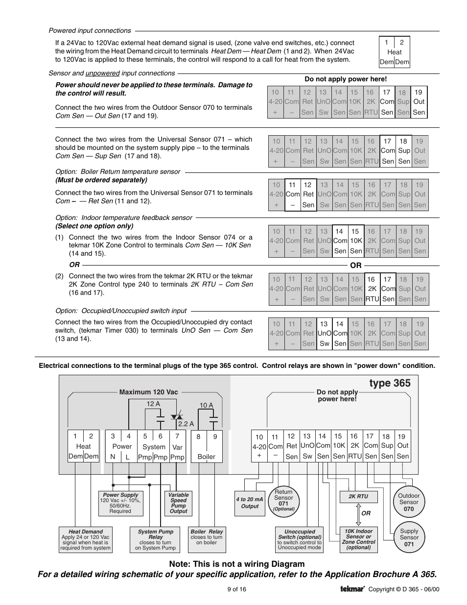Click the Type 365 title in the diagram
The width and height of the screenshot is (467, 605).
point(390,383)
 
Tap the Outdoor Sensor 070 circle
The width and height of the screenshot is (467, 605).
point(409,502)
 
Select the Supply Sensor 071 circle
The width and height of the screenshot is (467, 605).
point(409,537)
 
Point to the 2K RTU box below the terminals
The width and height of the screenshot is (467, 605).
point(358,496)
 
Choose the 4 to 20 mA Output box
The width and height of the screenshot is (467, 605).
point(250,503)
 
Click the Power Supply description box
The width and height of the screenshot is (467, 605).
point(120,503)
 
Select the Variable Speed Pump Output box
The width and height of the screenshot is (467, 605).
point(178,503)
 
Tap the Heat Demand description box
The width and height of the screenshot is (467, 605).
point(86,540)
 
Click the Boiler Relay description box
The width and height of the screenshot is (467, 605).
point(206,537)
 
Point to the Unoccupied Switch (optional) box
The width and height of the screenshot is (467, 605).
point(300,539)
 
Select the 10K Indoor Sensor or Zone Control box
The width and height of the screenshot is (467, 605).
point(358,539)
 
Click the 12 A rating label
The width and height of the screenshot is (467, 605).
point(153,404)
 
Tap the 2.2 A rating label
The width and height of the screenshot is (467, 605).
point(186,424)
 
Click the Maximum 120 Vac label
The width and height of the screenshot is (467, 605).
point(149,392)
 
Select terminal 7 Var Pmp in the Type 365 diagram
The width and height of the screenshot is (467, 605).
point(177,446)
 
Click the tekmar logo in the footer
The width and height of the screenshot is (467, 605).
point(352,589)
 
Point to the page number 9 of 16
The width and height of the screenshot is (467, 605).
point(236,589)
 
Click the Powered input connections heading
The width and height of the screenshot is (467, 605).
point(90,30)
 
